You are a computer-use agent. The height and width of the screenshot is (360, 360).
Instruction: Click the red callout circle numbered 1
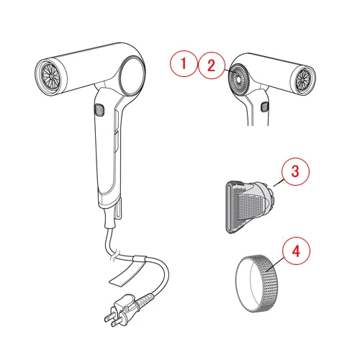(184, 63)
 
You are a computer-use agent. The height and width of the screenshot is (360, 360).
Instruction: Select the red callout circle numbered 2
(211, 66)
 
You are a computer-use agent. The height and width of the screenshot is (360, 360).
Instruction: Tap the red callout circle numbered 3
(295, 171)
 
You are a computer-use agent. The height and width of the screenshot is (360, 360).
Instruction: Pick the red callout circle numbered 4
(296, 251)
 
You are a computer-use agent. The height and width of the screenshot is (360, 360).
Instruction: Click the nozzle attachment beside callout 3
(250, 207)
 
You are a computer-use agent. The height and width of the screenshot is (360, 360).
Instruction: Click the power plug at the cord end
(122, 310)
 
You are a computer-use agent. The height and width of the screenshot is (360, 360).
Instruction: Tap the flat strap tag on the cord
(127, 272)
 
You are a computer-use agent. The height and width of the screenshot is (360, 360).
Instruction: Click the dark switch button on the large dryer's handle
(99, 109)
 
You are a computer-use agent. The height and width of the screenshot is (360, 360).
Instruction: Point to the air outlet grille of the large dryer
(51, 76)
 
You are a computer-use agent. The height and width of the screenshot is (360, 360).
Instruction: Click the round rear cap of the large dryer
(132, 76)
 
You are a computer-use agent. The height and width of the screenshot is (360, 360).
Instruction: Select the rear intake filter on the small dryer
(238, 81)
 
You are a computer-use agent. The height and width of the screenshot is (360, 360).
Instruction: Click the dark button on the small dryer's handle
(264, 107)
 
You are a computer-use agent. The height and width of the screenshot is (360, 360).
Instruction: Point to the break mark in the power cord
(114, 255)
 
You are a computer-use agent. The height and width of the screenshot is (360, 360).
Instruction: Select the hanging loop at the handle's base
(119, 207)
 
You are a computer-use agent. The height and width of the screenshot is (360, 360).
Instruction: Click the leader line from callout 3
(279, 183)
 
